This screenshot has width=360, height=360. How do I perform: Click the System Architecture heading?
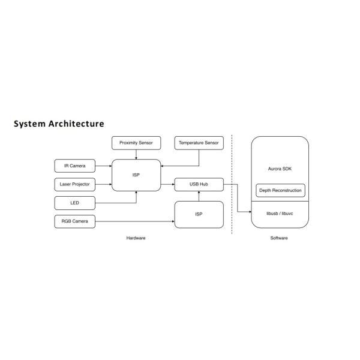tap(59, 124)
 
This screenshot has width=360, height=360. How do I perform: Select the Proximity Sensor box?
tap(136, 143)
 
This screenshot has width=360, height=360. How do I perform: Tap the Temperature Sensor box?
tap(199, 143)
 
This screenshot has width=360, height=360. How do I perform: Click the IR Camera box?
tap(74, 165)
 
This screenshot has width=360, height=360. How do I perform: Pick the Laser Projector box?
tap(74, 184)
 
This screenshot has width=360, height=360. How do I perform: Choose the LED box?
tap(74, 203)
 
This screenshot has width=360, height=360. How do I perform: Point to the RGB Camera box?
tap(74, 221)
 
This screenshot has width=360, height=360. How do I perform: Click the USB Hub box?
tap(199, 184)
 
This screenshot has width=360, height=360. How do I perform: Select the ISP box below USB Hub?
tap(199, 215)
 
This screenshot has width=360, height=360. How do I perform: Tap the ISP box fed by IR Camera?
tap(136, 175)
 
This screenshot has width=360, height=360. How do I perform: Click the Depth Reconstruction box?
tap(280, 190)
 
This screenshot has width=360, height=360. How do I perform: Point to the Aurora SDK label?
tap(280, 169)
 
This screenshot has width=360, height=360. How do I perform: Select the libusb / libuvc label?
tap(280, 213)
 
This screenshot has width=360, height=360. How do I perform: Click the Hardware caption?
tap(136, 238)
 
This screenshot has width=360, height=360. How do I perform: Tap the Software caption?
tap(279, 238)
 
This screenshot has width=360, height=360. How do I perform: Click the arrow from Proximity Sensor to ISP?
tap(136, 154)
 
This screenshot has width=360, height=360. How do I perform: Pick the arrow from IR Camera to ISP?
tap(103, 165)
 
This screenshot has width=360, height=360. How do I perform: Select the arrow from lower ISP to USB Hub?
tap(199, 196)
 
